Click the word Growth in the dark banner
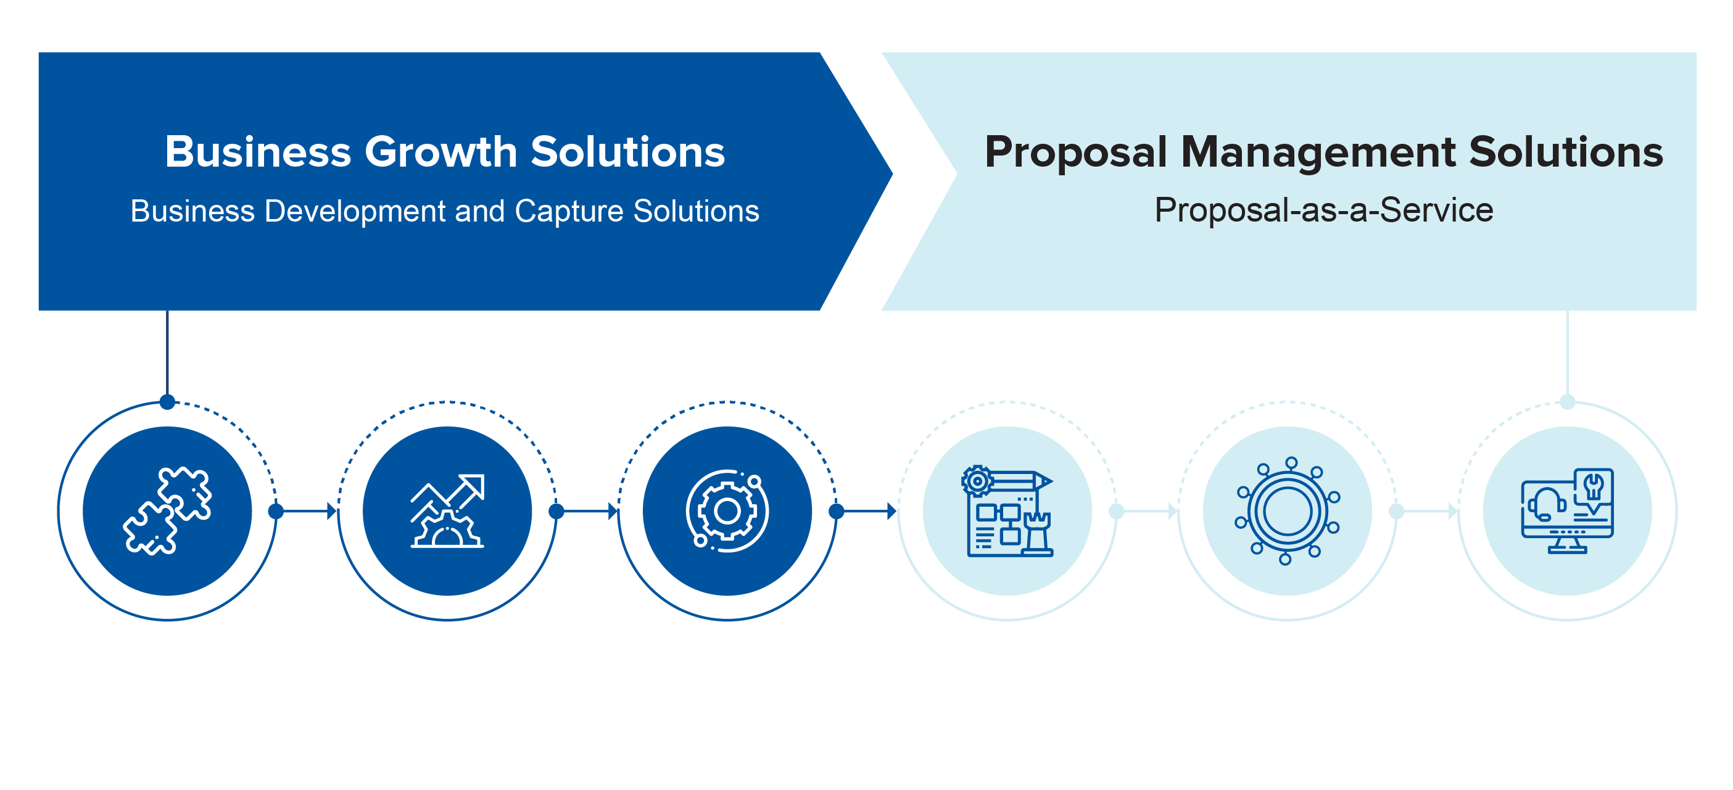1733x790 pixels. (x=440, y=151)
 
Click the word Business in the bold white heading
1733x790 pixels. (x=258, y=151)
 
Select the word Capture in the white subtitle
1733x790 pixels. (x=569, y=211)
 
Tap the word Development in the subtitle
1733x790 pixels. (x=355, y=211)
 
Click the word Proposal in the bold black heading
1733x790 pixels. (x=1076, y=152)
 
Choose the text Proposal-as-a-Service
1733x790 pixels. (x=1324, y=210)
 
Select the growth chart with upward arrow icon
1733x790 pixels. (x=447, y=511)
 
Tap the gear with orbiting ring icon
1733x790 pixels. (x=727, y=511)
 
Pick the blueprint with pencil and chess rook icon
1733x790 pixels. (x=1007, y=511)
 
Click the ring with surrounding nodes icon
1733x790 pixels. (x=1287, y=511)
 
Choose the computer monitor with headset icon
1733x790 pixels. (x=1567, y=511)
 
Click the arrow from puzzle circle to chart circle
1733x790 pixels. (x=306, y=511)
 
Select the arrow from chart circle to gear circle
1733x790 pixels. (x=587, y=511)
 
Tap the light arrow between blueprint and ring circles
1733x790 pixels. (x=1146, y=511)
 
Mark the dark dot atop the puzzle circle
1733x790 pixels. (x=168, y=402)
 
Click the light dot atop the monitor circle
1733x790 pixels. (x=1568, y=402)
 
